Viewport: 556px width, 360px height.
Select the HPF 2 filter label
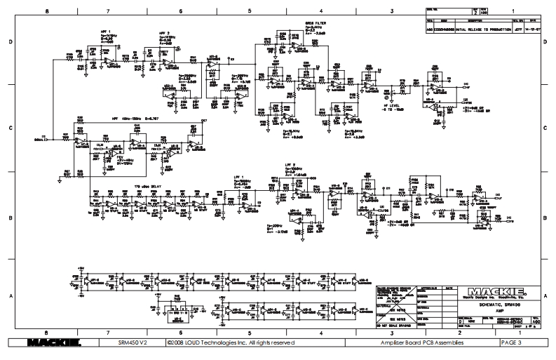coord(163,34)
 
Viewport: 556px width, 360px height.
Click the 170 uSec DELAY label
coord(144,185)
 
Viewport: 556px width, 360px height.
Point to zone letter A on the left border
coord(11,295)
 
